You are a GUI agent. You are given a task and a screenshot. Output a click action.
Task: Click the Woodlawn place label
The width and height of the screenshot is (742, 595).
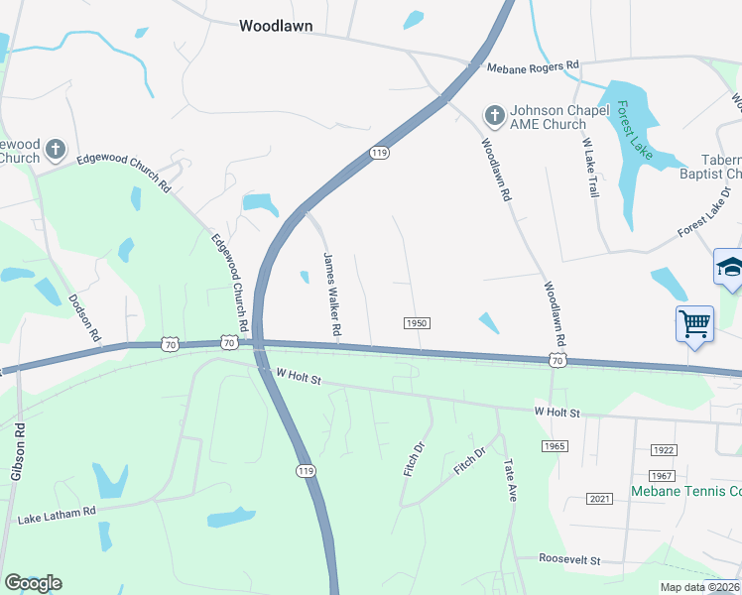coord(277,27)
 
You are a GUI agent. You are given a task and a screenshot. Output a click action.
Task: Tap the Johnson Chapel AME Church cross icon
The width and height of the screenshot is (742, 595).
coord(493,117)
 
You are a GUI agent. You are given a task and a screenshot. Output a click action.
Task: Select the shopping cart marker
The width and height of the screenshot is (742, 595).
coord(694,322)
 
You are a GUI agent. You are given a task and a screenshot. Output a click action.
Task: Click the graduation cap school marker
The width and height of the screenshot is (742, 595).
coord(729,268)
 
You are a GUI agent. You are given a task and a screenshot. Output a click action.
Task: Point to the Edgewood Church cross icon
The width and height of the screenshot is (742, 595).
coord(56,150)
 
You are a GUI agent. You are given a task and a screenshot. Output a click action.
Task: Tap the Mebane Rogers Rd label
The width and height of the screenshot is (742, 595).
coord(533,66)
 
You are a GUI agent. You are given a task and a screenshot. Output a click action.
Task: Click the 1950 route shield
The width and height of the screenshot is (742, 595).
coord(417,323)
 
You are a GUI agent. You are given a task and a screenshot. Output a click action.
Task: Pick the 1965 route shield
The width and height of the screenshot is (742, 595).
coord(555,446)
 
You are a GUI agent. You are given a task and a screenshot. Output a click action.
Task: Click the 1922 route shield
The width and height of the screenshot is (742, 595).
coord(664,450)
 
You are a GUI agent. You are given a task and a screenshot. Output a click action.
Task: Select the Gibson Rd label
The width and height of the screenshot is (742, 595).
coord(17,454)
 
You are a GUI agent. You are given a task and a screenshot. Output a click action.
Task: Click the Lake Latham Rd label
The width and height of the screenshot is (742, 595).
coord(56,516)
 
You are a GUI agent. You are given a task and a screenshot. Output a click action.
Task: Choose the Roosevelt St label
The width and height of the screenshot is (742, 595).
coord(570,560)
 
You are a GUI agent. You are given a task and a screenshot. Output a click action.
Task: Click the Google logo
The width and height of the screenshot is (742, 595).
coord(33,583)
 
